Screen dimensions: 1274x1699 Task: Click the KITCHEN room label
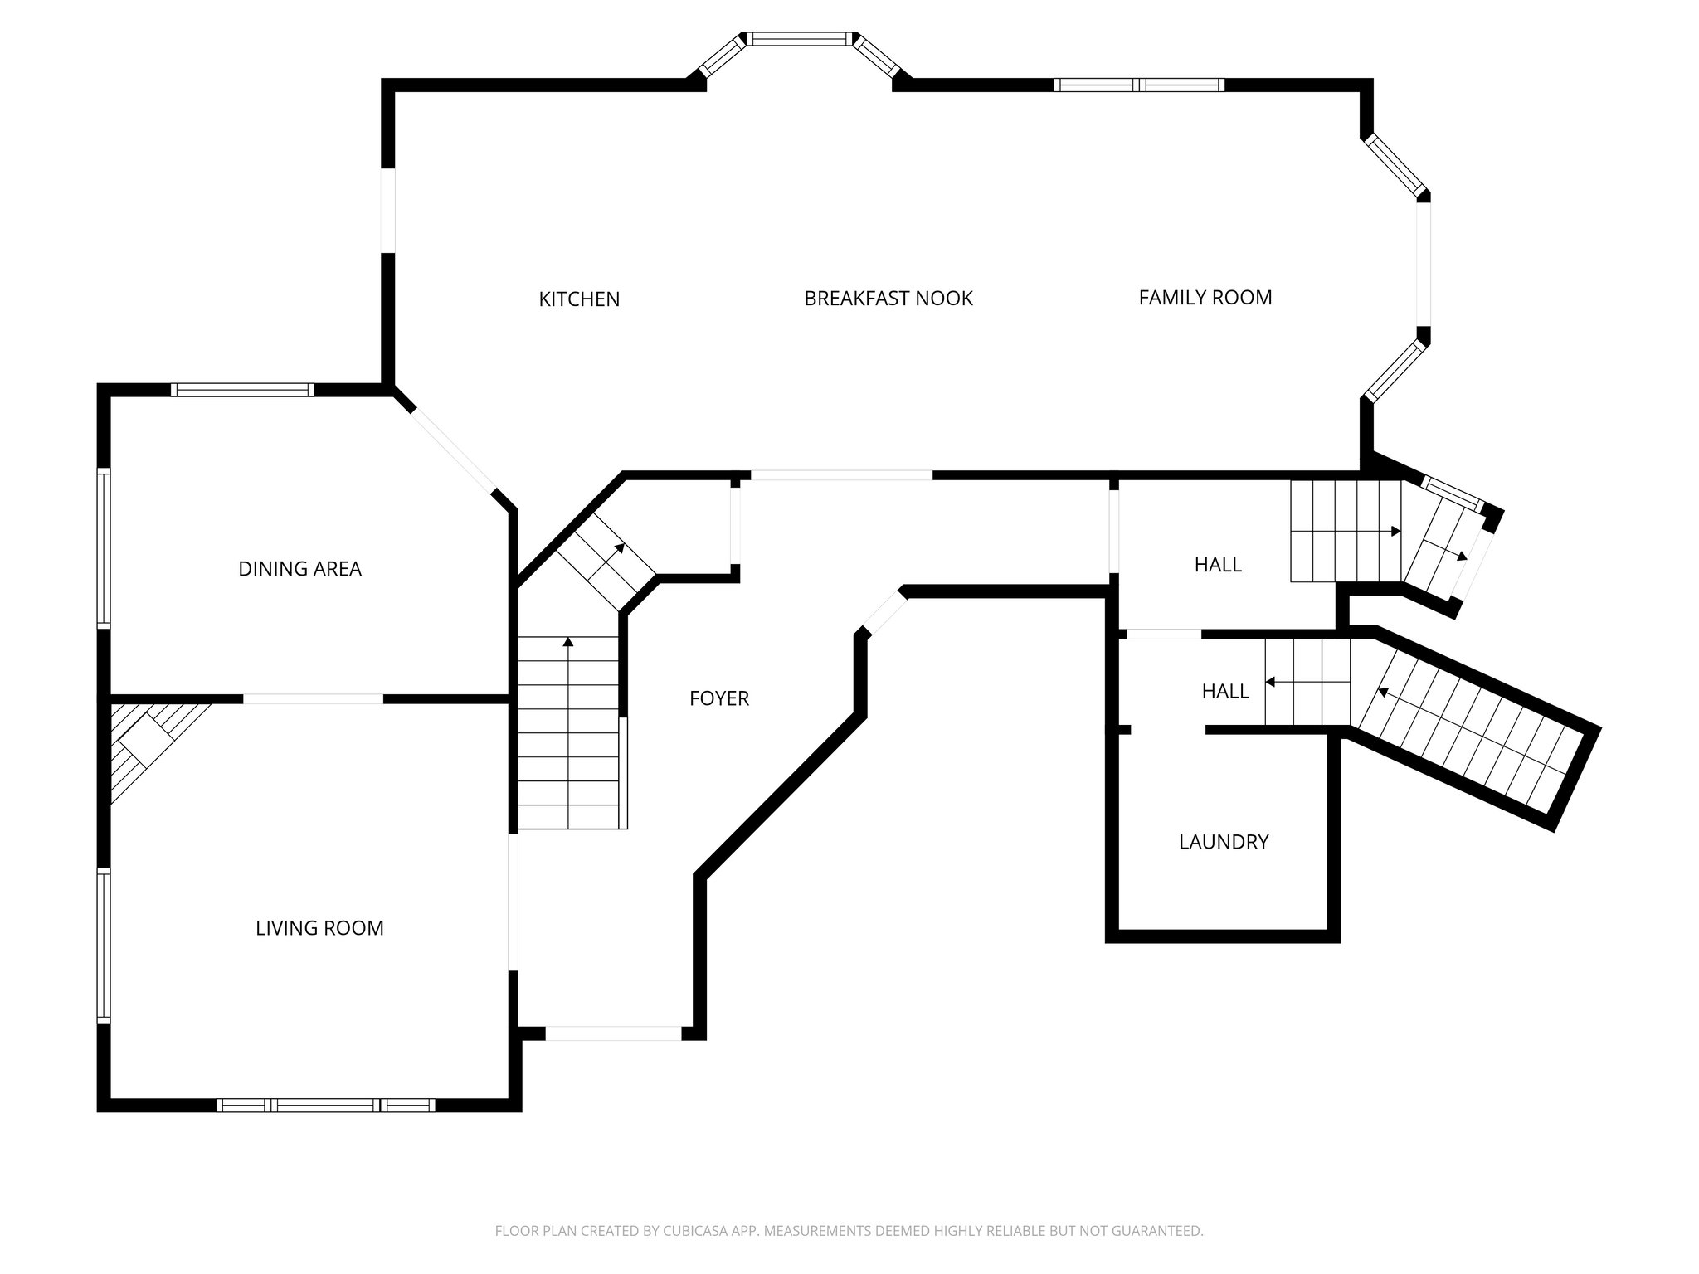pos(579,299)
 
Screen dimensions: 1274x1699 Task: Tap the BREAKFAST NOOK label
pos(888,299)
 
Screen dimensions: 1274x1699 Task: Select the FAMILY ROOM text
pos(1205,298)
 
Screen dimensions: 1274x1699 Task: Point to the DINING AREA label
pos(299,569)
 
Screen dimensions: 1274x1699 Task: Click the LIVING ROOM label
pos(319,928)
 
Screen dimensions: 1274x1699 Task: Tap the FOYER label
pos(718,699)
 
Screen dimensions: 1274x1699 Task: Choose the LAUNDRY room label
pos(1224,843)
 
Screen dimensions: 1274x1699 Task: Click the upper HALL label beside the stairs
pos(1217,565)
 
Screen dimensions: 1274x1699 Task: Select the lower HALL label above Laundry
pos(1224,691)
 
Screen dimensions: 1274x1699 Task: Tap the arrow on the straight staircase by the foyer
pos(568,643)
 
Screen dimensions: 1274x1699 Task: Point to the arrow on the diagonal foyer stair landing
pos(619,549)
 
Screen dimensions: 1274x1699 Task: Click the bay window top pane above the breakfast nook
pos(799,38)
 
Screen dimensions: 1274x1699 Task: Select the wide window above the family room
pos(1139,85)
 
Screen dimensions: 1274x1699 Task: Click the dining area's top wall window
pos(242,389)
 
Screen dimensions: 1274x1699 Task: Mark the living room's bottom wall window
pos(326,1105)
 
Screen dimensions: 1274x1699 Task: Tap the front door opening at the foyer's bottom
pos(613,1033)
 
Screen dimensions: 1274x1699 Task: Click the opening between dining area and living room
pos(313,699)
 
